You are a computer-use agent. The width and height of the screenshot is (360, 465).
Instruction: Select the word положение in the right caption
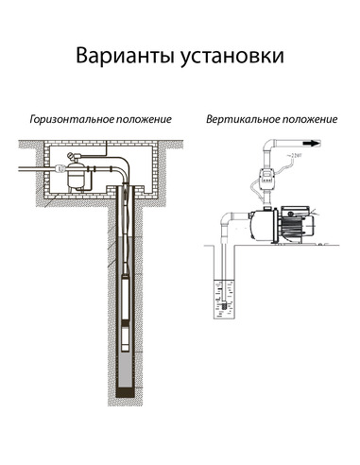(x=309, y=121)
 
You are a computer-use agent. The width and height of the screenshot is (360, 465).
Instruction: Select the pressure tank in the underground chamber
(x=81, y=175)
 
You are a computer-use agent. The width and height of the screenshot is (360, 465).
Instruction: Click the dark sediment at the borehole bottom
(x=128, y=388)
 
